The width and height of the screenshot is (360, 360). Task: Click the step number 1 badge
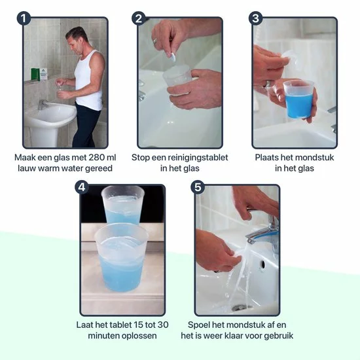tap(24, 18)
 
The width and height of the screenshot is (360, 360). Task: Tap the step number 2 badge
tap(139, 18)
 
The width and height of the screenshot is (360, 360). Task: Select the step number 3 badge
tap(255, 18)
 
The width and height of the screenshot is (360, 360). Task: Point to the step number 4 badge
tap(82, 187)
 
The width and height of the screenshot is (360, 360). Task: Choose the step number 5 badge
tap(198, 187)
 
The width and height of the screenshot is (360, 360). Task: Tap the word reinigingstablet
tap(198, 158)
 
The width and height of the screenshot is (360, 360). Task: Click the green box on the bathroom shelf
tap(35, 74)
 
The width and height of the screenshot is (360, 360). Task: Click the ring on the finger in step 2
tap(155, 41)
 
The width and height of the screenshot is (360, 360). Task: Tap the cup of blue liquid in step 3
tap(298, 99)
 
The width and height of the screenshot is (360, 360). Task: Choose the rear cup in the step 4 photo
tap(124, 205)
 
